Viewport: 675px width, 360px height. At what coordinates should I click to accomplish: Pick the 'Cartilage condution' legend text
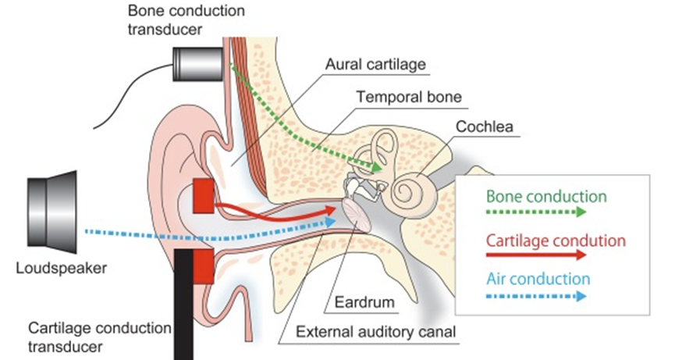pos(545,240)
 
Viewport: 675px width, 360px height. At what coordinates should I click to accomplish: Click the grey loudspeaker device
pos(52,211)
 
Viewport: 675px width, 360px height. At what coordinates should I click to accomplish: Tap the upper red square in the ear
pos(203,196)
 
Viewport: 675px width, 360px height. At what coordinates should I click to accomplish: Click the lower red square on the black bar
pos(203,267)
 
